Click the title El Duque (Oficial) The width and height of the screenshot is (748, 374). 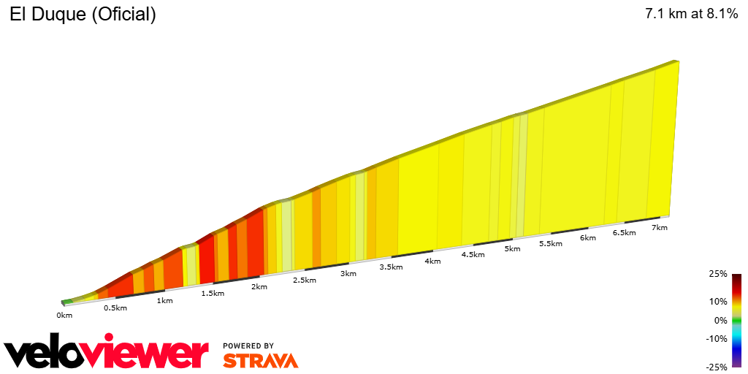83,15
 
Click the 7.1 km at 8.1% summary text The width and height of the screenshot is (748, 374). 692,15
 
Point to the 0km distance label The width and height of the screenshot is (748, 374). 64,315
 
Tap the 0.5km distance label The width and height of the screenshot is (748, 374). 115,308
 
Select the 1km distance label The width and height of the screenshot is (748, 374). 165,300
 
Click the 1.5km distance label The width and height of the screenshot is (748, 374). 213,293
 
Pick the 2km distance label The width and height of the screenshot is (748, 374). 259,286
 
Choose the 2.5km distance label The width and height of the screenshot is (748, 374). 305,280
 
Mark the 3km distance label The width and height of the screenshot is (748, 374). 348,273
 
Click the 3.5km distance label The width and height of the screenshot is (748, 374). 391,267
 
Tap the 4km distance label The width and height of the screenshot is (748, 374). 432,261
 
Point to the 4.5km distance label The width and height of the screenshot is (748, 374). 473,254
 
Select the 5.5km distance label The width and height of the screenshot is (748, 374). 551,243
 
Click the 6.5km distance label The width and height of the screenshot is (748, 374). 624,232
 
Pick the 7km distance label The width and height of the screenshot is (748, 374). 660,227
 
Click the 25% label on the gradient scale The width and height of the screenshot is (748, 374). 718,274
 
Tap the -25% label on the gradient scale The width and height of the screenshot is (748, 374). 717,367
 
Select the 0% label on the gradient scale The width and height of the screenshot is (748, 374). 720,320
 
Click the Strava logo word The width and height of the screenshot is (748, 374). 261,360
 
